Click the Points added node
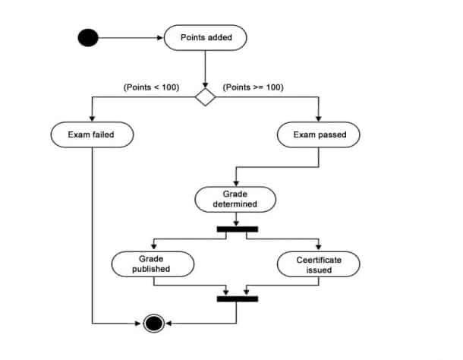click(x=205, y=38)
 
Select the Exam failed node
click(x=92, y=135)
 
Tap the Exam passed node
click(x=317, y=135)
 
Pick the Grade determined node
click(x=235, y=199)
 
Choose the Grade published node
click(x=153, y=264)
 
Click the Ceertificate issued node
click(x=319, y=264)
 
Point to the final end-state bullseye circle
click(x=154, y=324)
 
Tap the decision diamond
click(x=205, y=97)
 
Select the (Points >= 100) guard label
click(x=253, y=87)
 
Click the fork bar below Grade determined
click(x=237, y=228)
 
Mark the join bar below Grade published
click(x=237, y=298)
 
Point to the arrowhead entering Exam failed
click(x=92, y=119)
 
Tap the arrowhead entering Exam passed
click(x=317, y=119)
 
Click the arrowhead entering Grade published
click(x=153, y=248)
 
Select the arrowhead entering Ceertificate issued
click(x=319, y=248)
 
